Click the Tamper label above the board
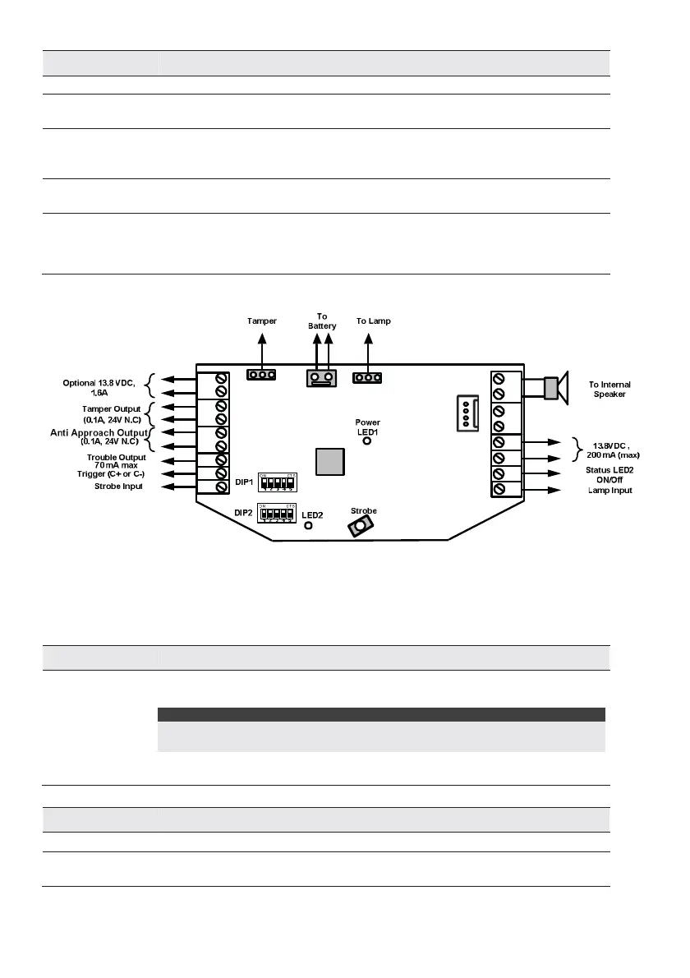click(261, 321)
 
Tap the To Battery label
click(322, 321)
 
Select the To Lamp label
click(373, 321)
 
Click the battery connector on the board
click(321, 377)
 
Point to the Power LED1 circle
click(367, 441)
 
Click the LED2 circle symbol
click(309, 524)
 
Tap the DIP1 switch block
click(277, 481)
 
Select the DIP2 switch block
click(277, 514)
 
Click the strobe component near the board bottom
click(359, 528)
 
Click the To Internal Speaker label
click(610, 389)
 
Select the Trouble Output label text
click(116, 457)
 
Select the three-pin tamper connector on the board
click(261, 375)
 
